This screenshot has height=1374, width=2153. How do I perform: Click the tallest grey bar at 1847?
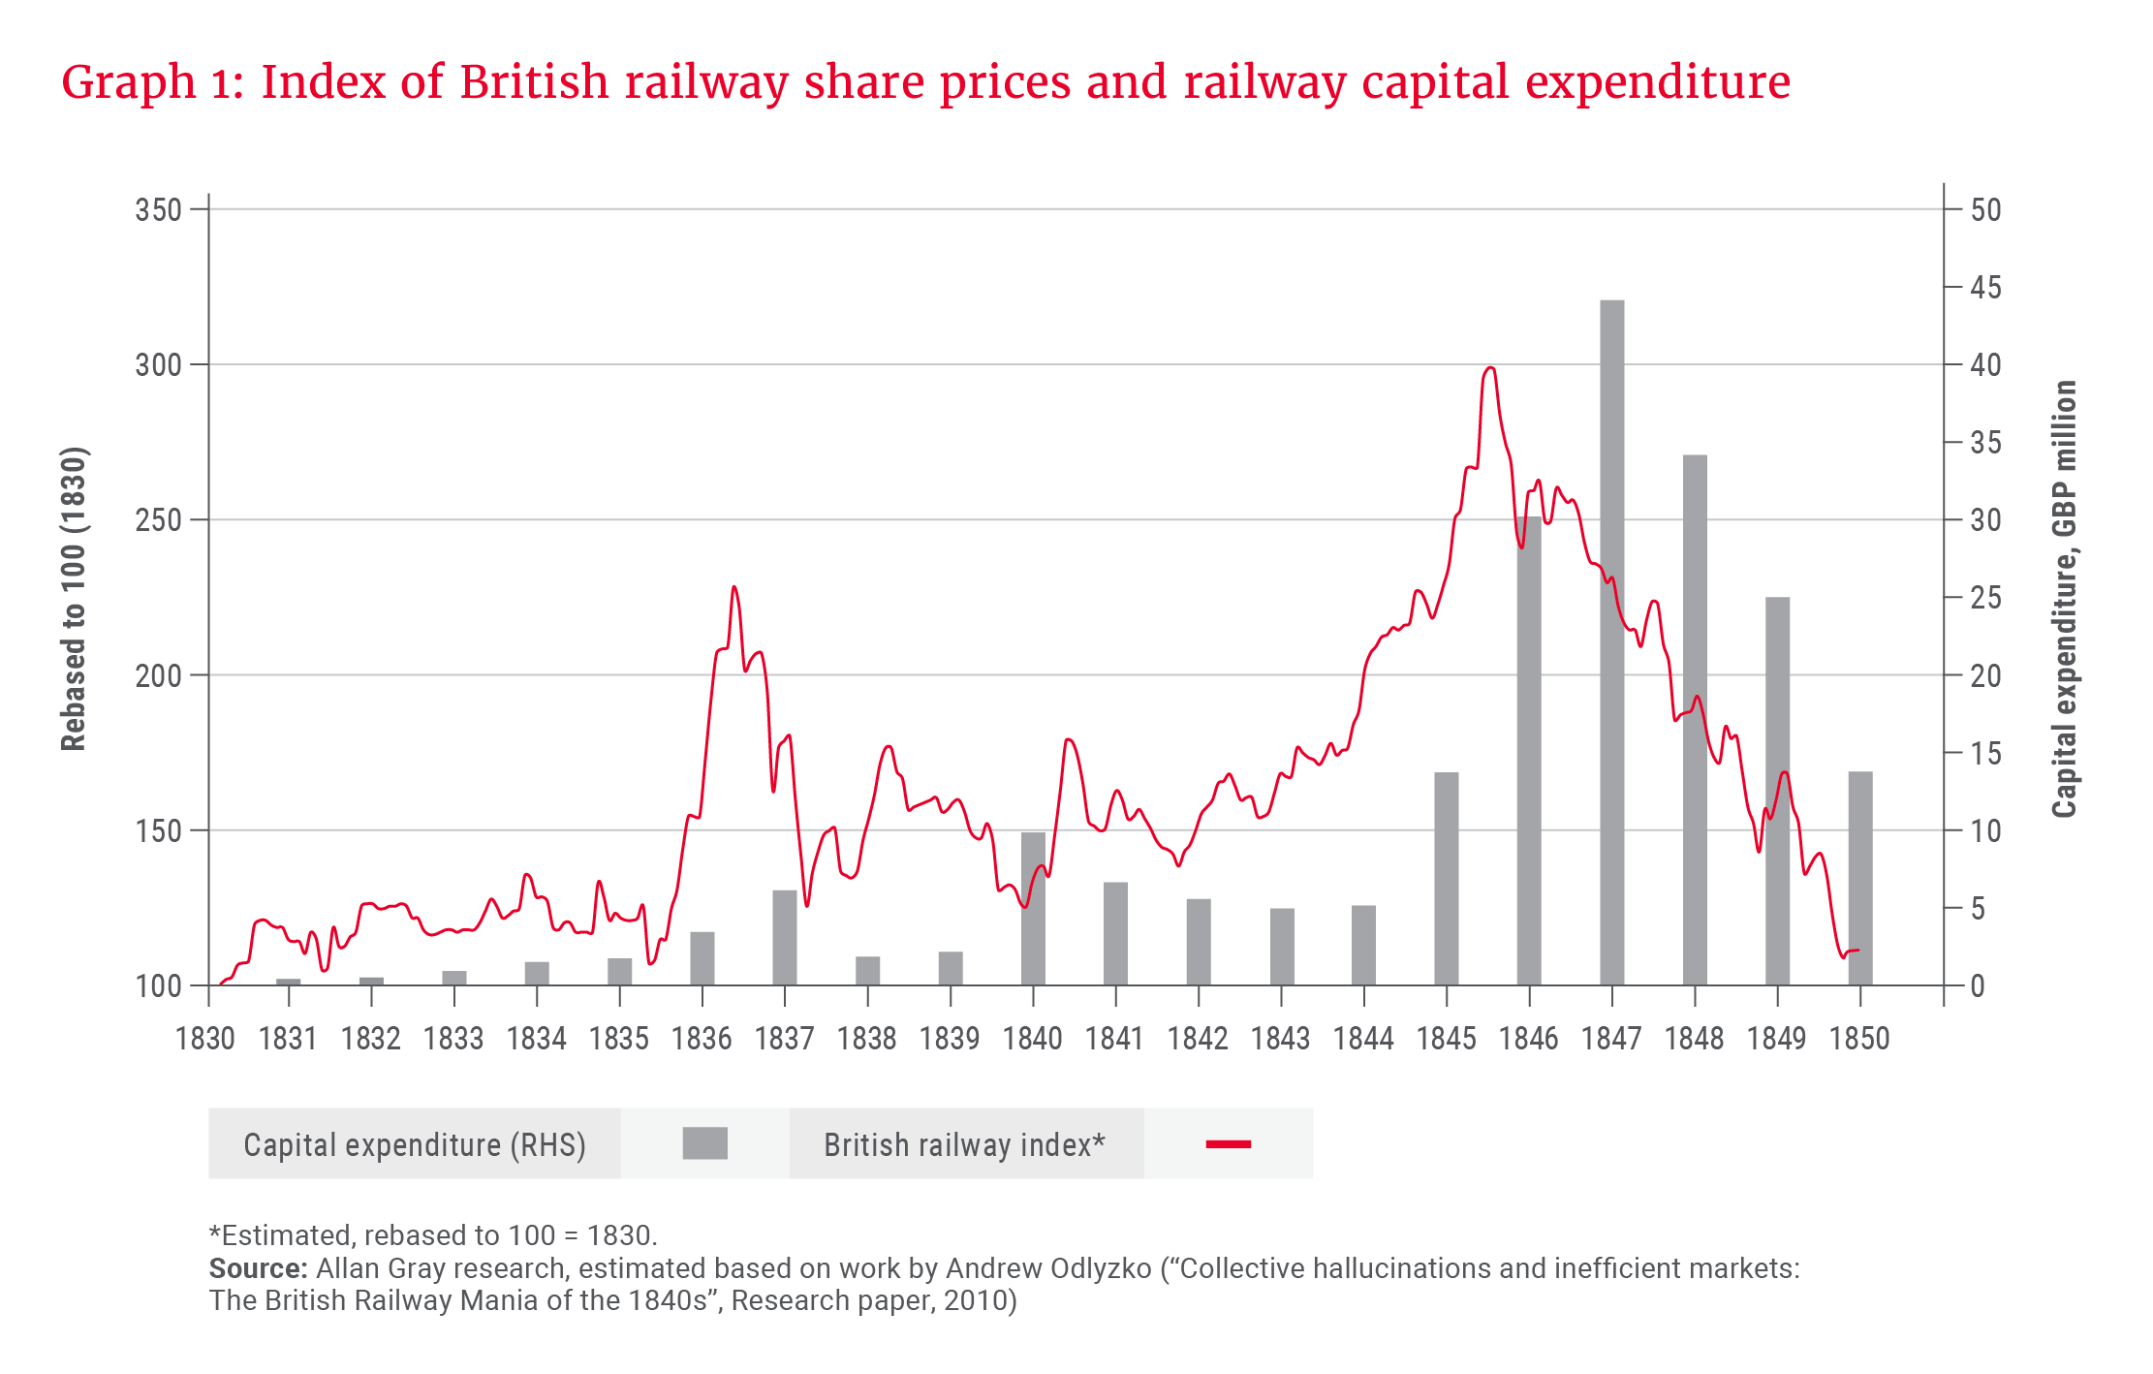click(1611, 640)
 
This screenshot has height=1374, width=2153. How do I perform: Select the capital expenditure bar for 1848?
click(1695, 717)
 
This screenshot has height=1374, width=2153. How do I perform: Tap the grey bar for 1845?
click(1446, 877)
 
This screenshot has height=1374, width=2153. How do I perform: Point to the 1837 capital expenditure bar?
click(784, 936)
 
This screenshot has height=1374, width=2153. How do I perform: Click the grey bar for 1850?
click(1859, 877)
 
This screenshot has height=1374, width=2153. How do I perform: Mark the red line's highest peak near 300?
click(1490, 368)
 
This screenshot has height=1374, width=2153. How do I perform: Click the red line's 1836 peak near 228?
click(734, 587)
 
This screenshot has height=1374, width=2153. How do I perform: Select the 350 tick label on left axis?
click(159, 210)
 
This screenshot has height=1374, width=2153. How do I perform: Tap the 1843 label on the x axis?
click(1280, 1039)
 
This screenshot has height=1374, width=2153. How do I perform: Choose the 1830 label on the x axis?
click(205, 1039)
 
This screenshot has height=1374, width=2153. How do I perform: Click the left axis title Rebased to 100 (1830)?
click(74, 598)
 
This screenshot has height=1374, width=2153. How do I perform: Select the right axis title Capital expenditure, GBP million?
click(2064, 598)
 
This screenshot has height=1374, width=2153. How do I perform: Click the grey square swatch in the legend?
click(704, 1143)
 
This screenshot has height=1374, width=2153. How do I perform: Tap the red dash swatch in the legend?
click(1228, 1144)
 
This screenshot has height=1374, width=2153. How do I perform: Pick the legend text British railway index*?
click(964, 1144)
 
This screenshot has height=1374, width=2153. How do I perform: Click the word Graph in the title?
click(128, 83)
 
